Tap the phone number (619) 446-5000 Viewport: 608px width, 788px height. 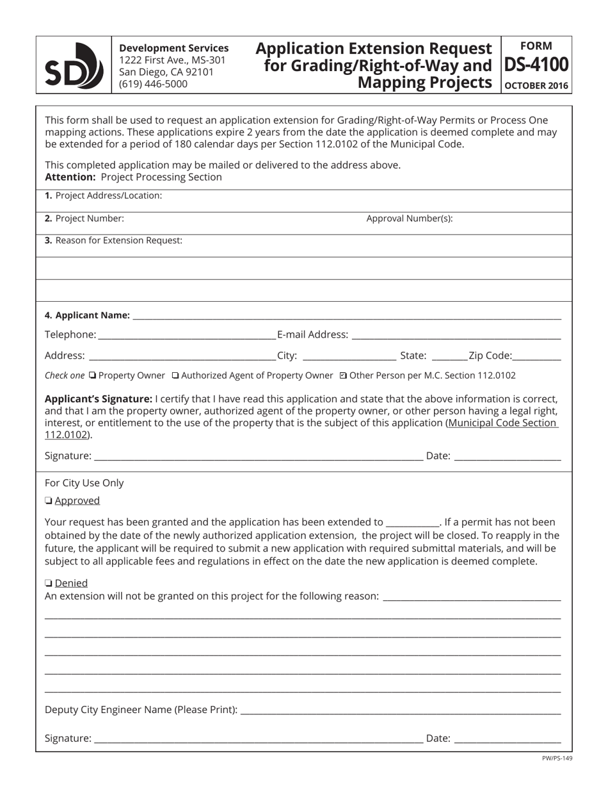click(154, 84)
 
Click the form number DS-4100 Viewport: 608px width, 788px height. click(536, 65)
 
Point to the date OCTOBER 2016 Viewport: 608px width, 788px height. click(536, 85)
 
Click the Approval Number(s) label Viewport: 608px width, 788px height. click(409, 218)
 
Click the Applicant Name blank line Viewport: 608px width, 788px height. click(346, 315)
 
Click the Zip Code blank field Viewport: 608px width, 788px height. click(536, 356)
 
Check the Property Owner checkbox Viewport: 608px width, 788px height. click(93, 375)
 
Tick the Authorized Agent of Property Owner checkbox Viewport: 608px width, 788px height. click(176, 375)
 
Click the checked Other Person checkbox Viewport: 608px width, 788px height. click(343, 375)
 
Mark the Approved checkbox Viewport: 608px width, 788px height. click(49, 501)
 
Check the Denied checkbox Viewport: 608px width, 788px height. click(49, 584)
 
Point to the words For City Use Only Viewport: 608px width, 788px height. click(84, 483)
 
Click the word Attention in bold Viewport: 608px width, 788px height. click(70, 177)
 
